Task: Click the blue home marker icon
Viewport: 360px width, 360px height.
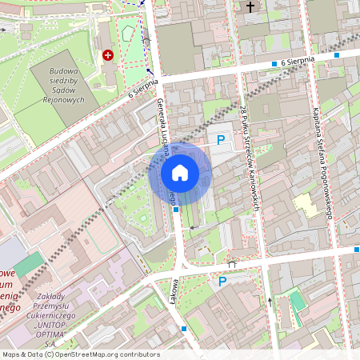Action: [180, 173]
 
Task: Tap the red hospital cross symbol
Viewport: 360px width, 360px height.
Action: [108, 55]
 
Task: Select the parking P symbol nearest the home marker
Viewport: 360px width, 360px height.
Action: [222, 140]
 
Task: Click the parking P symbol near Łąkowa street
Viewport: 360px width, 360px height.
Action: [222, 282]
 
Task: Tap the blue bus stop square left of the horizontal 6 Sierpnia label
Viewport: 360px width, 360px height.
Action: [274, 63]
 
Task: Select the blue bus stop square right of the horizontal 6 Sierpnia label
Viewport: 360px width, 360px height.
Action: [337, 55]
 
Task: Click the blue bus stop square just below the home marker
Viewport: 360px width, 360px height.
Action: [175, 209]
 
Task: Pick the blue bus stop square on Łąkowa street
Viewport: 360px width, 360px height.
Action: [185, 328]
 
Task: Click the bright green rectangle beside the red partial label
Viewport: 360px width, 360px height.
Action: [30, 265]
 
